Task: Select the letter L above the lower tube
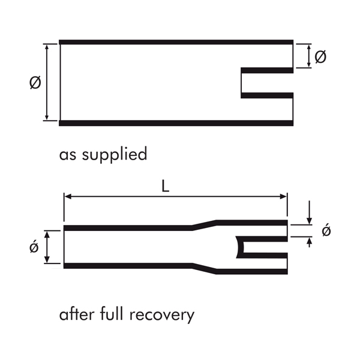pyautogui.click(x=166, y=187)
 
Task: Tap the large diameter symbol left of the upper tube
pyautogui.click(x=35, y=83)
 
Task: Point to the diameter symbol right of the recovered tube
pyautogui.click(x=326, y=231)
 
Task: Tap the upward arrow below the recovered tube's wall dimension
pyautogui.click(x=309, y=241)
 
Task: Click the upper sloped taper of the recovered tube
pyautogui.click(x=204, y=224)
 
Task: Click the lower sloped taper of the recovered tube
pyautogui.click(x=204, y=268)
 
